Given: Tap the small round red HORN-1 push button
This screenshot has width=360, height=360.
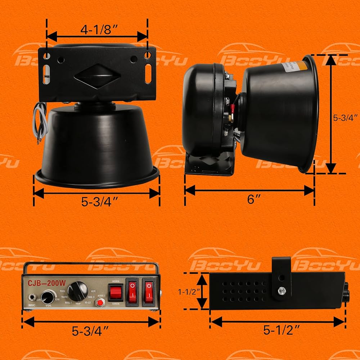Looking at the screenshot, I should (99, 303).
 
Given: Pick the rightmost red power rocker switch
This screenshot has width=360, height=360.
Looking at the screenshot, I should (148, 291).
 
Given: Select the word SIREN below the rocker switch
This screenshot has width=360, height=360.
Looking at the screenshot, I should (116, 304).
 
